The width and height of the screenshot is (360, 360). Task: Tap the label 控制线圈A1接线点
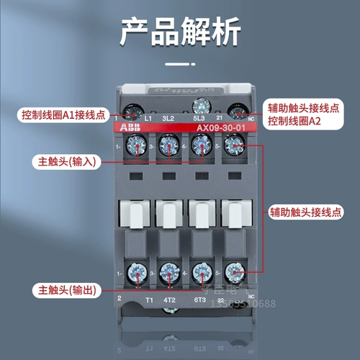(x=63, y=114)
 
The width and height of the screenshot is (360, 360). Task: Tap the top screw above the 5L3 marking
(x=201, y=105)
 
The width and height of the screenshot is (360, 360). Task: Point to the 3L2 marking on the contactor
(x=169, y=117)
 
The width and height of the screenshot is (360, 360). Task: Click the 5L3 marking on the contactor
(x=200, y=117)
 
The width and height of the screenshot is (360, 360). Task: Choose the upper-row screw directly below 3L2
(x=168, y=147)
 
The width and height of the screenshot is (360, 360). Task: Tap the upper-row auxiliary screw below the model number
(x=234, y=147)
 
